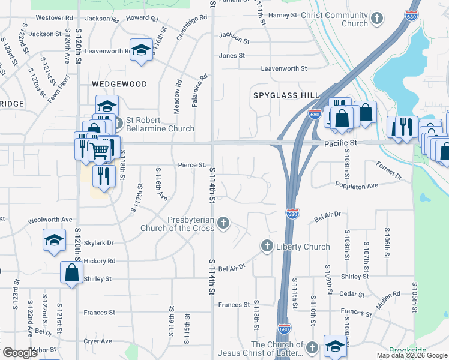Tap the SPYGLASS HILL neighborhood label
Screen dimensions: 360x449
pos(286,95)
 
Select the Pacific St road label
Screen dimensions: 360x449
pos(340,144)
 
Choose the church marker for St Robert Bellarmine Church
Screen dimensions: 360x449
pos(117,124)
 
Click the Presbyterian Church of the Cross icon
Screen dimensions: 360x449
pos(223,223)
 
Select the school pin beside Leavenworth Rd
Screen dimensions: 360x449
pos(141,50)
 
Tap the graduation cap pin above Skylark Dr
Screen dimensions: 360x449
pos(54,240)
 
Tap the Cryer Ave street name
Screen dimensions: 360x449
pos(98,341)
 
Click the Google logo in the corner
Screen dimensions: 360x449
pos(20,353)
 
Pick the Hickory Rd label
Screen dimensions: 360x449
pos(100,262)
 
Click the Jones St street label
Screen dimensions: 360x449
pos(232,56)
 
